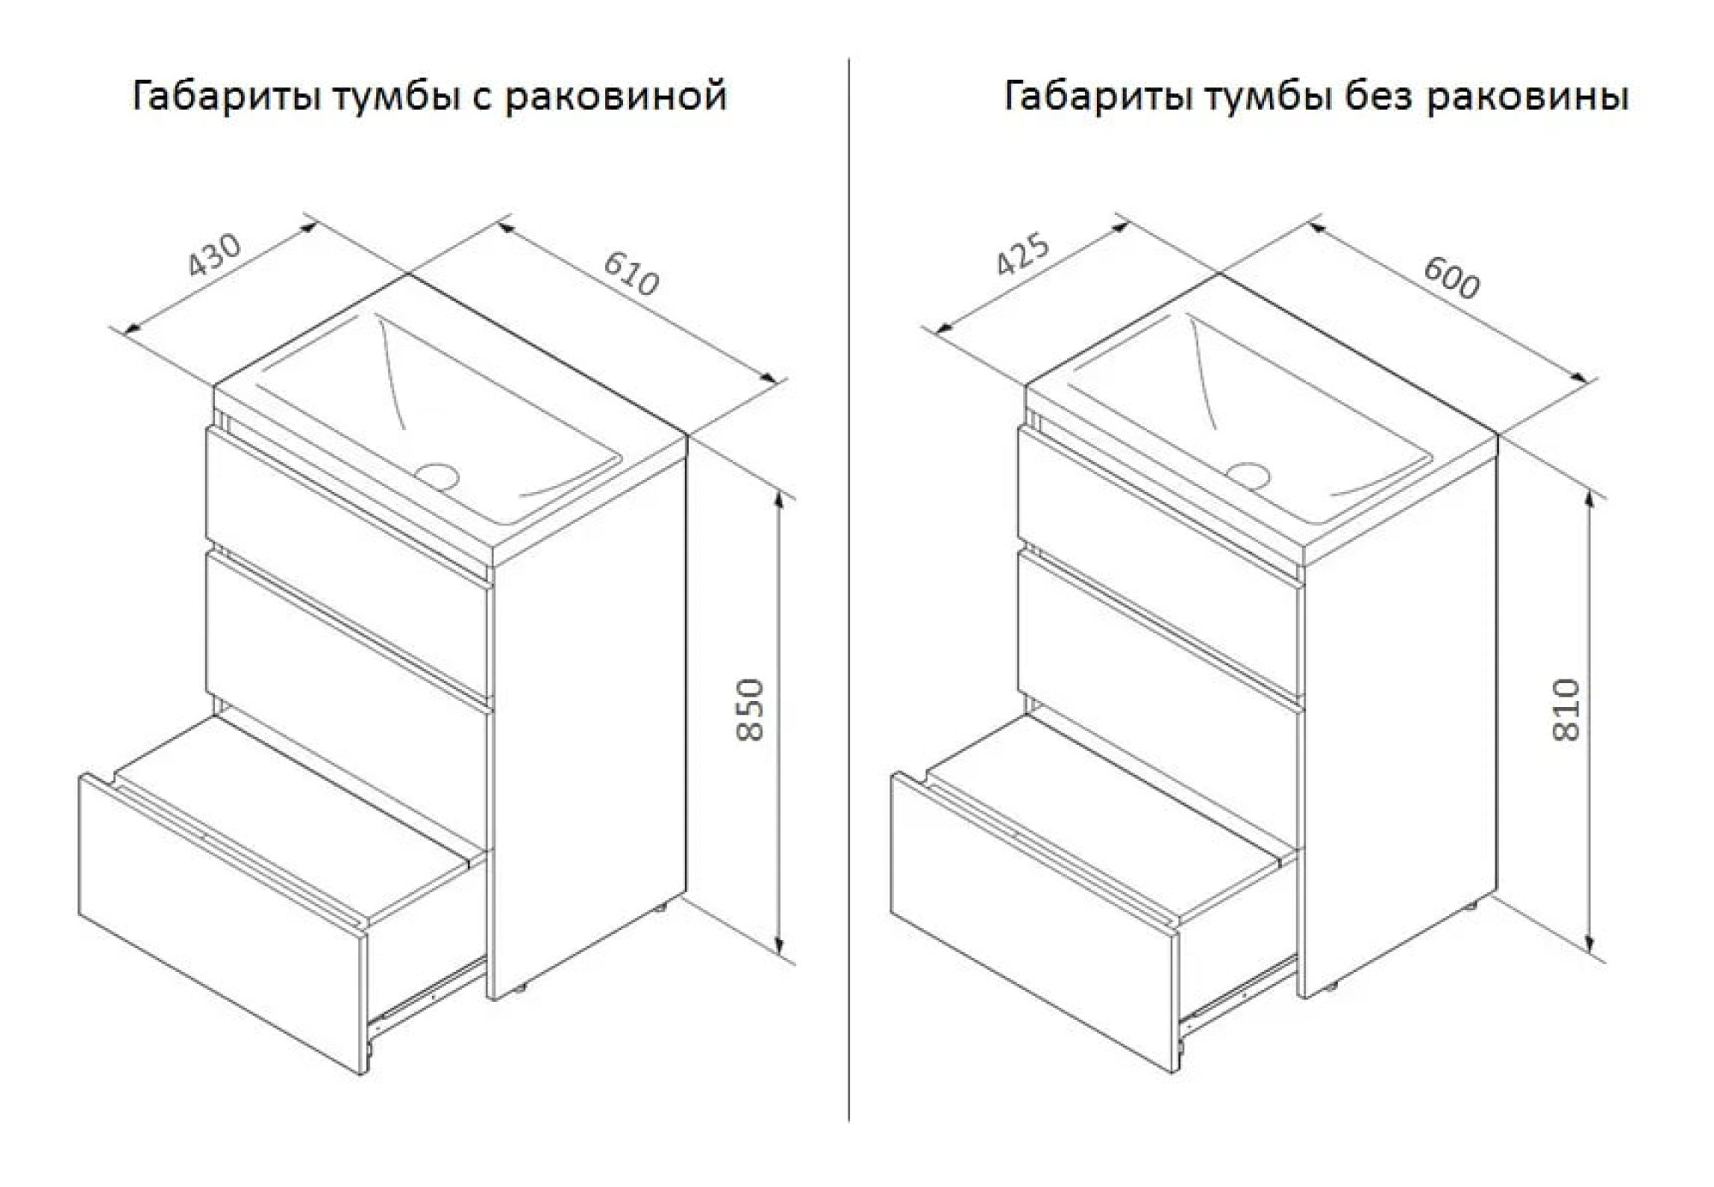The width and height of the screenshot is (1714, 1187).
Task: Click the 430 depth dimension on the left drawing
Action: coord(215,255)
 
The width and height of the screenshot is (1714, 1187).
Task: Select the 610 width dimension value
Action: coord(632,273)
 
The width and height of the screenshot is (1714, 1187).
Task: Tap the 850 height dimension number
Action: coord(751,710)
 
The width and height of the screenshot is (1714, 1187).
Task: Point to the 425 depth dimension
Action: coord(1022,255)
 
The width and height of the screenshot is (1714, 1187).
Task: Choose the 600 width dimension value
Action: coord(1452,277)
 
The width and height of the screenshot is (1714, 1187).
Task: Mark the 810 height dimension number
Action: coord(1566,710)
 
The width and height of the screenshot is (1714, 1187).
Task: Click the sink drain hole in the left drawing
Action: coord(438,475)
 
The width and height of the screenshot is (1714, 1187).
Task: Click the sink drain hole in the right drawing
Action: coord(1248,475)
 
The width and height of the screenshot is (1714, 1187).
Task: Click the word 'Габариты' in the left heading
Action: coord(226,96)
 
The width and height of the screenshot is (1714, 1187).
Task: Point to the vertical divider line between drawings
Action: coord(848,590)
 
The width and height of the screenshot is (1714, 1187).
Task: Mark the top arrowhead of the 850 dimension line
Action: coord(779,506)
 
